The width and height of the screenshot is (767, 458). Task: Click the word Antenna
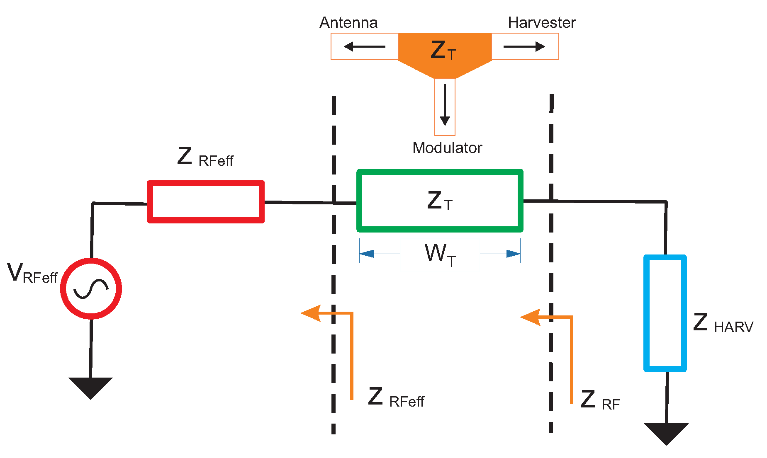(x=348, y=23)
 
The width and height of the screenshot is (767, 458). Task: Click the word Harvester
(x=541, y=23)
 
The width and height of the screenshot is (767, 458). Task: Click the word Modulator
(x=447, y=148)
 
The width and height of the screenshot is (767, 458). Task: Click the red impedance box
(x=206, y=202)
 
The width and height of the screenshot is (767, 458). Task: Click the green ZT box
(x=440, y=201)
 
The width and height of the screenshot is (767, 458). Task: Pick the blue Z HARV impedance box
(x=665, y=313)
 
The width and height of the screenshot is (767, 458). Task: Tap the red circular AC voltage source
(x=91, y=288)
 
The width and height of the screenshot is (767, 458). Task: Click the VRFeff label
(x=32, y=274)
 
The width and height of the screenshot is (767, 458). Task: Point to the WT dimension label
(x=440, y=254)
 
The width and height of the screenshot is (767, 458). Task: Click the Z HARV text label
(x=723, y=324)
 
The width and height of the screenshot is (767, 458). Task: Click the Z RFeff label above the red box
(x=205, y=158)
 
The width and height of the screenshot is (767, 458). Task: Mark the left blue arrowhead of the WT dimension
(x=366, y=254)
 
